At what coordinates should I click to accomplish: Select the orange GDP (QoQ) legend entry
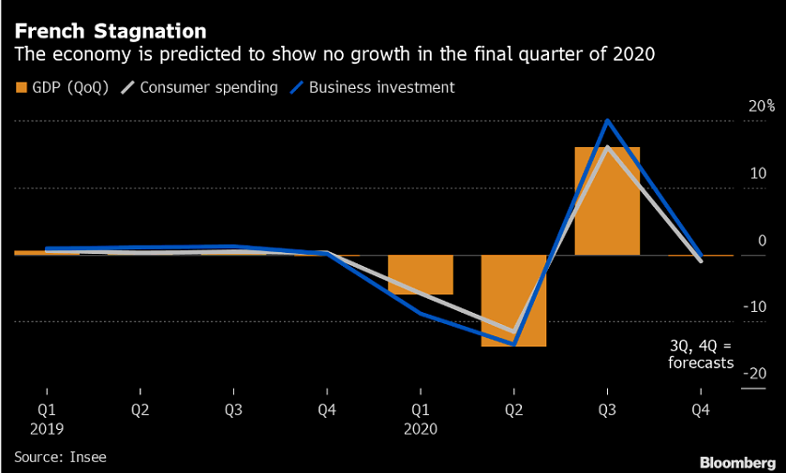(62, 88)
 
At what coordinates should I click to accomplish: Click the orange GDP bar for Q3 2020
(607, 200)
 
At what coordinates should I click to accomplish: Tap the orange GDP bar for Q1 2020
(420, 274)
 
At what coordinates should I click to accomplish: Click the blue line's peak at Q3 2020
(607, 121)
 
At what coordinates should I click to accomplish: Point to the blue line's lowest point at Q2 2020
(513, 344)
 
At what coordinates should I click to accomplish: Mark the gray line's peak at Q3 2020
(607, 147)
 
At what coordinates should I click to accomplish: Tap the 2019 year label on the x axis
(46, 429)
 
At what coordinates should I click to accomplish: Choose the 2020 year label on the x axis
(420, 429)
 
